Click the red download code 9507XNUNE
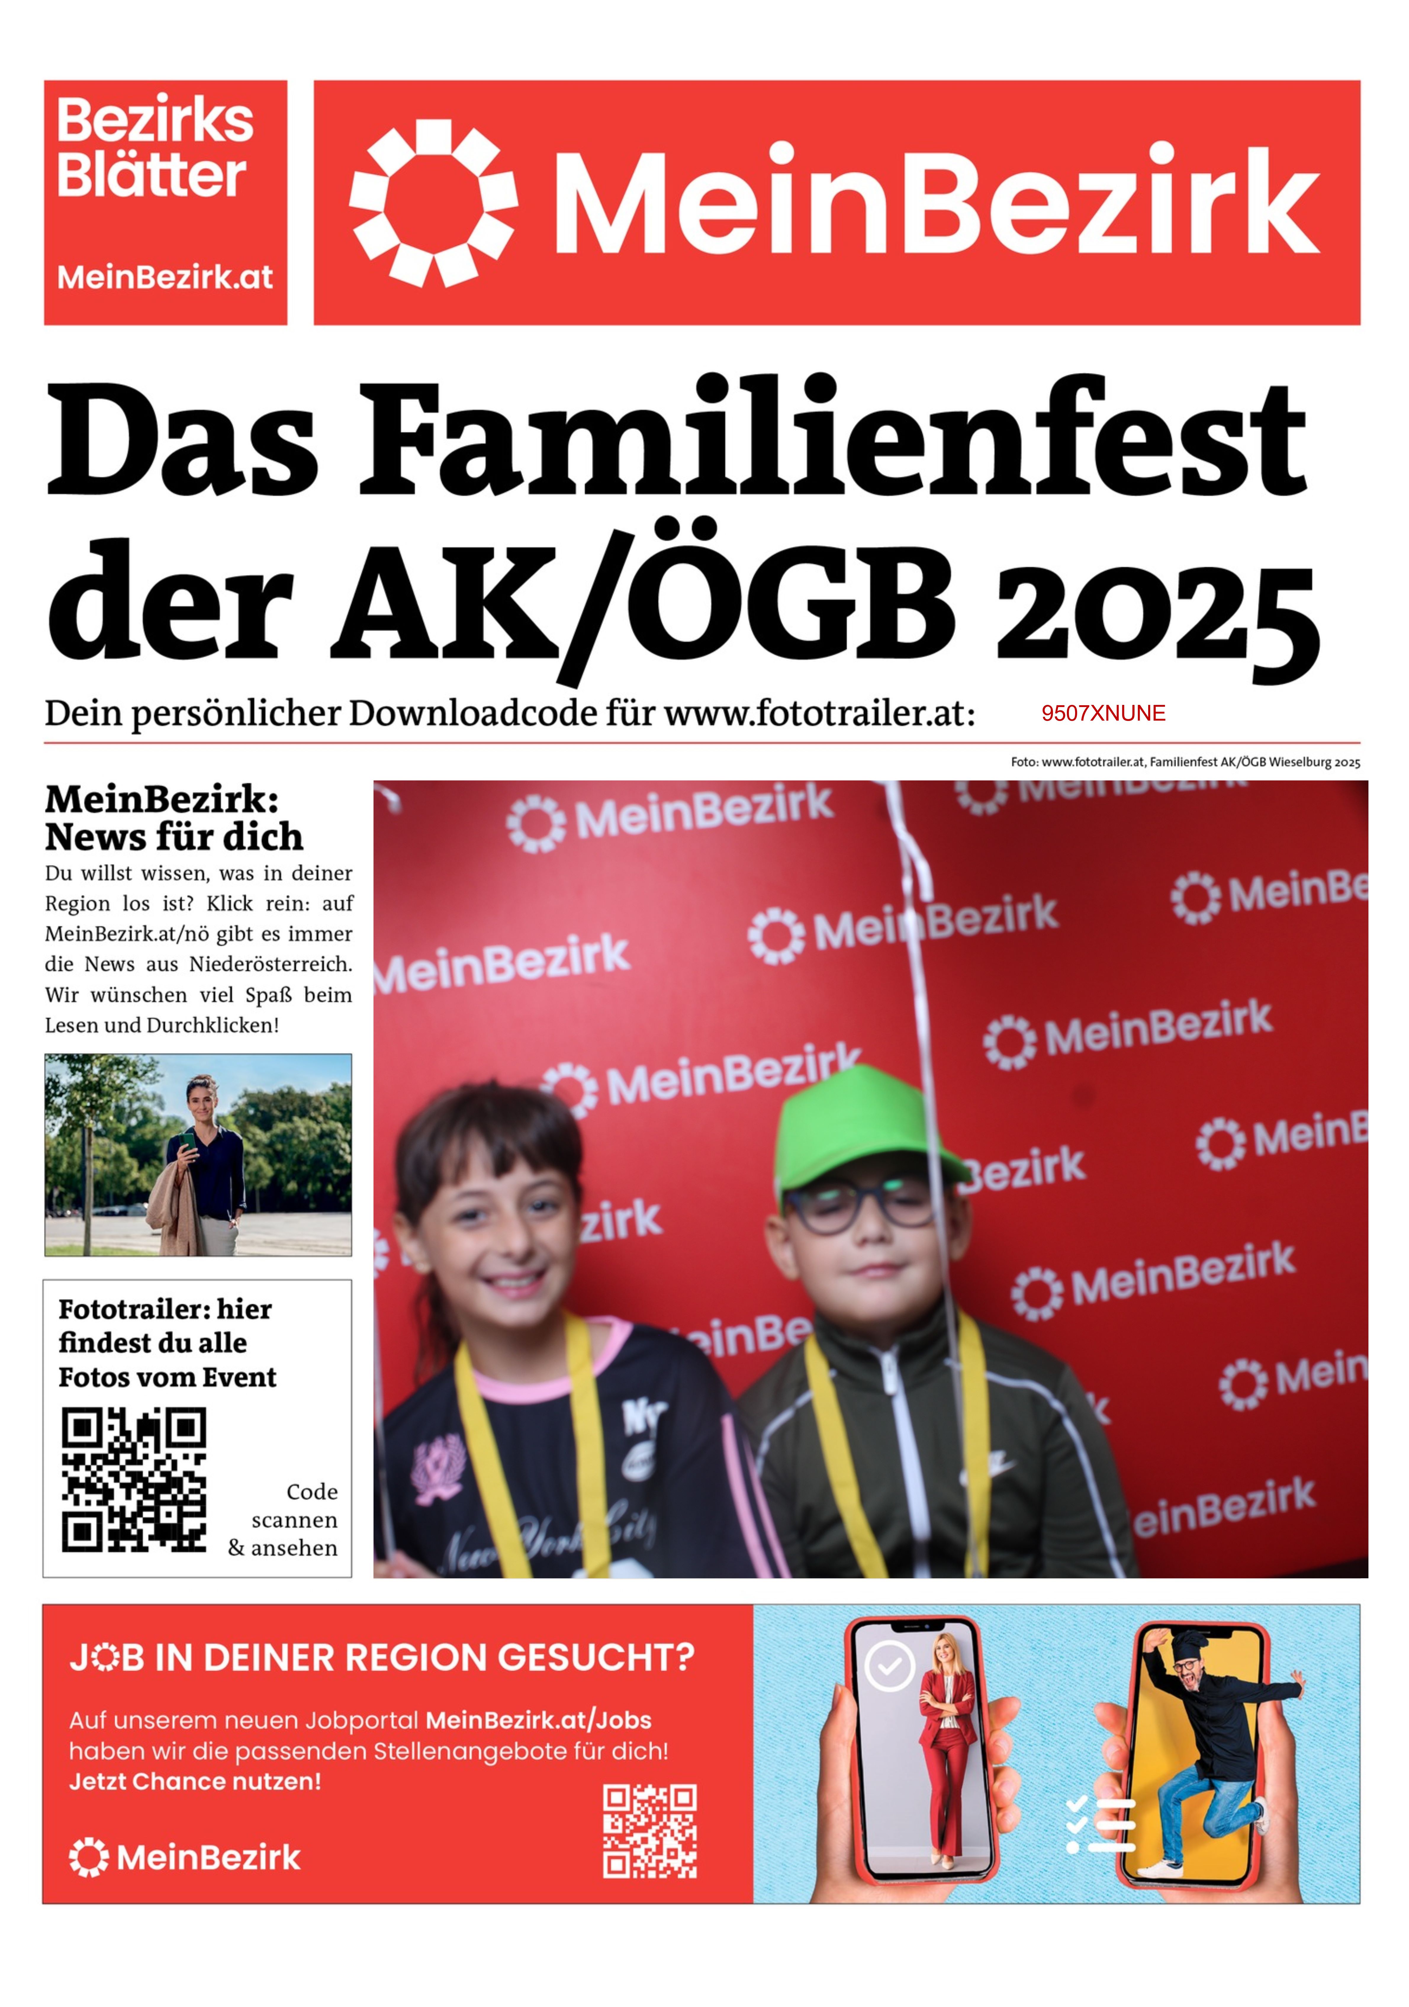[1103, 713]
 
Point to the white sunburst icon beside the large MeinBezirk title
[434, 203]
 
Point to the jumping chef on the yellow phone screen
[1211, 1740]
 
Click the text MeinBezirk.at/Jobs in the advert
[538, 1720]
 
